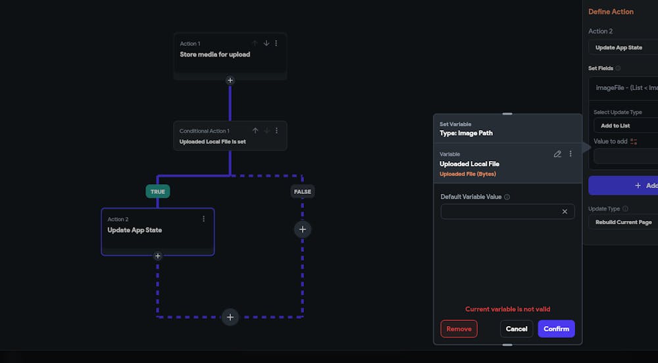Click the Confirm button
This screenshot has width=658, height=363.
click(x=556, y=329)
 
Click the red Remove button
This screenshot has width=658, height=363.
click(x=459, y=329)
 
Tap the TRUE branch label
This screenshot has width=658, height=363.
click(x=158, y=191)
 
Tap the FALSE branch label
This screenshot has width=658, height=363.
click(x=303, y=191)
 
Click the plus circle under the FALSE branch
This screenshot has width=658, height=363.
click(x=303, y=230)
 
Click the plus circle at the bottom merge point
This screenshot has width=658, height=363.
click(x=230, y=317)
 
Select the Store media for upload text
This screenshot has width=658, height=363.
click(x=215, y=55)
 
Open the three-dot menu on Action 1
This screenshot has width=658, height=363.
click(x=276, y=43)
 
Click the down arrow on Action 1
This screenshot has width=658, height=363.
click(x=266, y=43)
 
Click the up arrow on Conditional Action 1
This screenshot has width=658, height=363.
click(x=255, y=131)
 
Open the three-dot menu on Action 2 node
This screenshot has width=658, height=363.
click(x=203, y=219)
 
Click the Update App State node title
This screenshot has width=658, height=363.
click(x=135, y=230)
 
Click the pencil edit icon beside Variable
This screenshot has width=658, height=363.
click(x=558, y=154)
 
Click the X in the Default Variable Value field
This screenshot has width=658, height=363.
click(x=565, y=212)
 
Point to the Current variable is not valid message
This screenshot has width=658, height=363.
click(x=507, y=309)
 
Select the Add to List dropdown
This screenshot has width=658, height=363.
click(x=625, y=126)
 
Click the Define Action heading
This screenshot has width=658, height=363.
click(x=611, y=12)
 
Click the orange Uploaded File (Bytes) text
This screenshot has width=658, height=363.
click(x=468, y=174)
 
